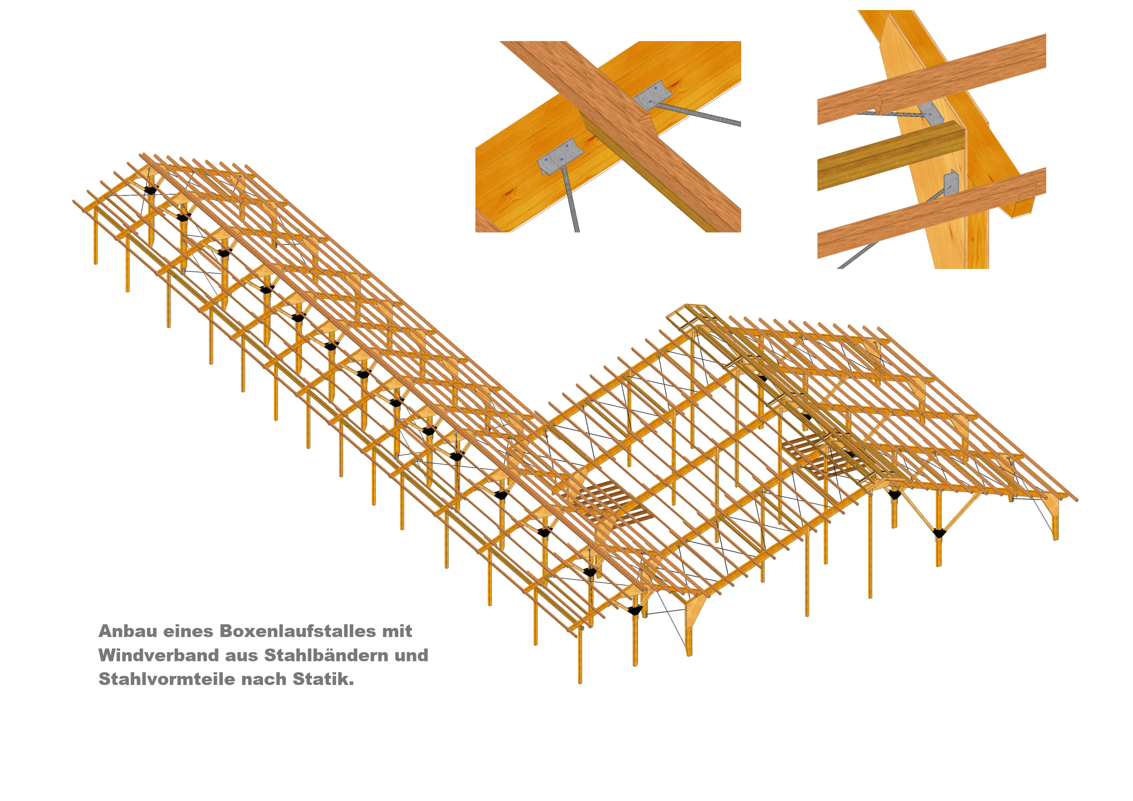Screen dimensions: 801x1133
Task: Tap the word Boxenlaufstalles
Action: tap(298, 631)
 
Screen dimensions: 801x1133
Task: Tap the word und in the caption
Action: tap(411, 655)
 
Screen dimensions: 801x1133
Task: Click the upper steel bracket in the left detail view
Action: tap(653, 96)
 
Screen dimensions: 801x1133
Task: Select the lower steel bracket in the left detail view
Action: tap(559, 157)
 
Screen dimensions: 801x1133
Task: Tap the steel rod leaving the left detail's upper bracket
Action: tap(701, 115)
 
